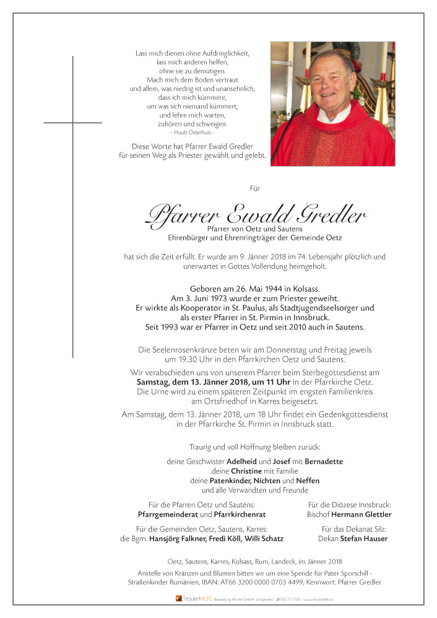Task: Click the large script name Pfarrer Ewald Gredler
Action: coord(254,214)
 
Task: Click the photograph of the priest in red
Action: coord(332,103)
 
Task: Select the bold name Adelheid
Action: coord(227,461)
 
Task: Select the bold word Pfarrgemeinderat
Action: coord(167,515)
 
